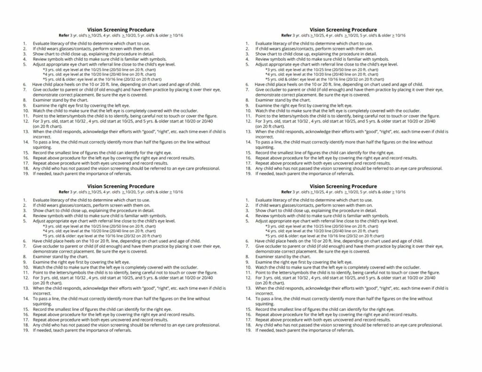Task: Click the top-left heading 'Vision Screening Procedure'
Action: [120, 30]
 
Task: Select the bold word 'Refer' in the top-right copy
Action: [287, 35]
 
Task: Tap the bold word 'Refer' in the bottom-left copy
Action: [64, 192]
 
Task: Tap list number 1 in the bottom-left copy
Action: [24, 200]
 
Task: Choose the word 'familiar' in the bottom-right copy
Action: [348, 216]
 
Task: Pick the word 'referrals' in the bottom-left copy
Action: [121, 330]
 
